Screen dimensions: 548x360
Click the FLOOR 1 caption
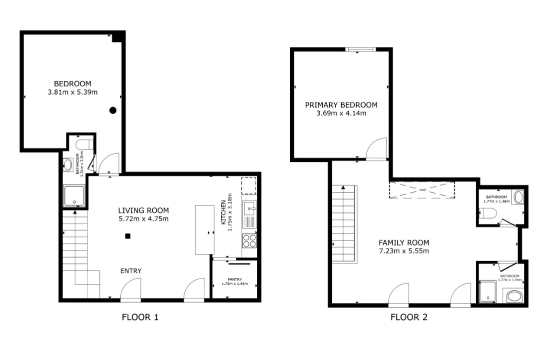click(x=140, y=317)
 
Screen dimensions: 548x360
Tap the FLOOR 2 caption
click(x=409, y=317)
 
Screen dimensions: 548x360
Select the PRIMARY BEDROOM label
click(x=341, y=104)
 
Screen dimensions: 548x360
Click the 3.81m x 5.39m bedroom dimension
click(x=73, y=92)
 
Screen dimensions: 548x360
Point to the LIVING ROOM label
click(x=143, y=210)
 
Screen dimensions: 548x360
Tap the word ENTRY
click(x=131, y=271)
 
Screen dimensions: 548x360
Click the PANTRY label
click(x=235, y=279)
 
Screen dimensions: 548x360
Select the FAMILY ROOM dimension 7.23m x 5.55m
click(x=404, y=251)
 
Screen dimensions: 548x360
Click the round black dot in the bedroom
click(x=113, y=110)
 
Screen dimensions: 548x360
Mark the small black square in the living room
click(x=128, y=236)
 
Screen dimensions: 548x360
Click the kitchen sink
click(x=250, y=209)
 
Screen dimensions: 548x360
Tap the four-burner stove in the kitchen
click(x=250, y=240)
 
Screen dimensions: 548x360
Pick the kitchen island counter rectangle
click(x=204, y=229)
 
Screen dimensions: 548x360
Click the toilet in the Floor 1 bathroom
click(x=84, y=144)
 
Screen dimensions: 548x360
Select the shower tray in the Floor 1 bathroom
click(x=74, y=195)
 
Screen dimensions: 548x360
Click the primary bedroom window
click(x=361, y=49)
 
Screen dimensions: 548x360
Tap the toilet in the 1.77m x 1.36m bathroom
click(x=488, y=213)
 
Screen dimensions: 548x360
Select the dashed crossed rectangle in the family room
click(x=422, y=190)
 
